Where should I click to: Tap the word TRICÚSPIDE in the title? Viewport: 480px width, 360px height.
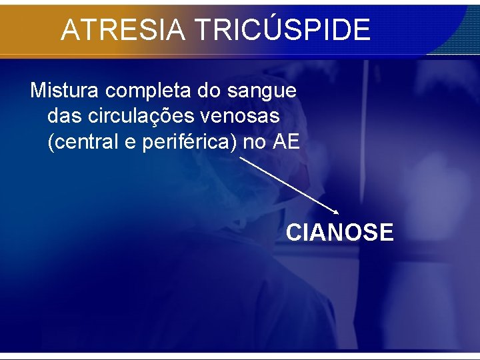(x=282, y=29)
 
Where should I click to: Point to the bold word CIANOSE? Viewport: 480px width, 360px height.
(x=340, y=233)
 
